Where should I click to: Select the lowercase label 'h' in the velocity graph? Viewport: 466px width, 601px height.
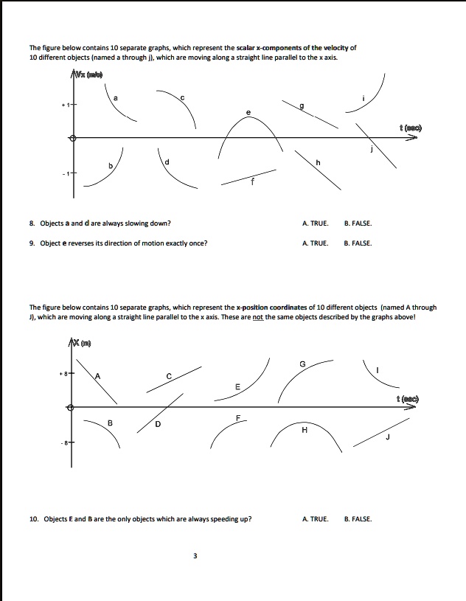point(318,162)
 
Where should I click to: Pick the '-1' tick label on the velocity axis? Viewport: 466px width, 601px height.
point(65,174)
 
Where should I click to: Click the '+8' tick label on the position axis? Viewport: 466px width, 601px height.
point(64,374)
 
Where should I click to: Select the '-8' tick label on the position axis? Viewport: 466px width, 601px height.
point(64,443)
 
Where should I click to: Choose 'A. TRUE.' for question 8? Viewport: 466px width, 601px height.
point(315,223)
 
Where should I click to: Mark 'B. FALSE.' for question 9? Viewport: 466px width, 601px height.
point(358,243)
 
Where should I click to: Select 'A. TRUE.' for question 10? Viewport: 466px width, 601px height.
point(315,518)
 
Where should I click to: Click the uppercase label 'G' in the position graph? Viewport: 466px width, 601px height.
point(302,363)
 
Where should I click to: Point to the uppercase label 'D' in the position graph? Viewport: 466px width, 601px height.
point(157,424)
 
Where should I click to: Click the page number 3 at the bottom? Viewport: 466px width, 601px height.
point(195,556)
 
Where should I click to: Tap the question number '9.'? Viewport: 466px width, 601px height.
point(32,243)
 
